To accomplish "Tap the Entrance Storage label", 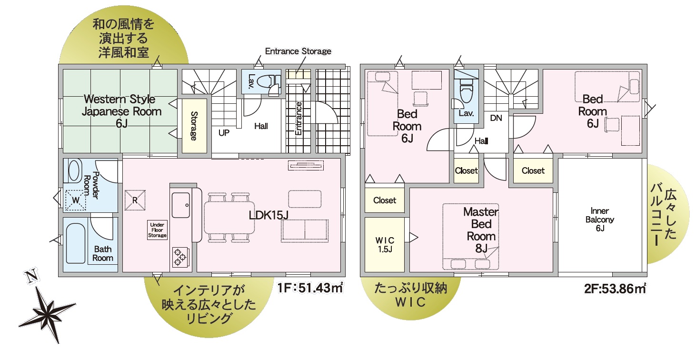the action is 298,51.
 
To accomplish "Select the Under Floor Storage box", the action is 157,230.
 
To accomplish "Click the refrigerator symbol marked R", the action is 135,200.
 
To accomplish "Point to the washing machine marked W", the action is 76,200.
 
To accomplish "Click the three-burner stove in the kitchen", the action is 180,257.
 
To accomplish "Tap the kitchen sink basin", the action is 181,205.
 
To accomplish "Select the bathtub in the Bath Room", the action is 76,243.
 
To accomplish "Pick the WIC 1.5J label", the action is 385,245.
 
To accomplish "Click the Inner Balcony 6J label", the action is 600,220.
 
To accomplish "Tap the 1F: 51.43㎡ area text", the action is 310,288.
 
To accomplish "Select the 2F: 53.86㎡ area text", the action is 615,289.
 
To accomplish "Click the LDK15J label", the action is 268,215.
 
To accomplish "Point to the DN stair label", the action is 496,118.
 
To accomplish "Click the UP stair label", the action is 224,133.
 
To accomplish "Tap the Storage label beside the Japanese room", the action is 194,126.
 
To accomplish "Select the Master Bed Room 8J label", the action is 481,230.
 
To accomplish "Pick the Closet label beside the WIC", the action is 385,200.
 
